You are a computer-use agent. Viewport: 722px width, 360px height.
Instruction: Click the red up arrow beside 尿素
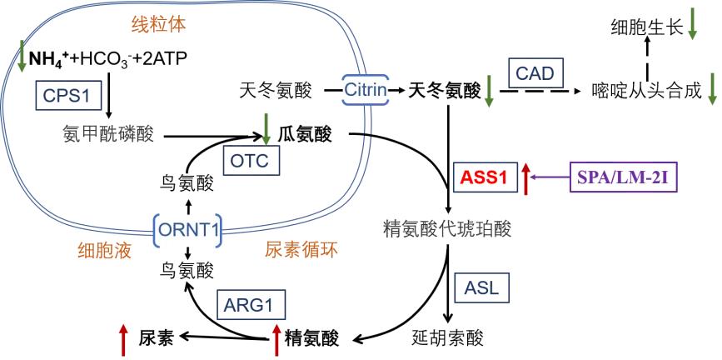click(x=122, y=339)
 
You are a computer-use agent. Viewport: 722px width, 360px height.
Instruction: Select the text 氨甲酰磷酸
click(x=107, y=133)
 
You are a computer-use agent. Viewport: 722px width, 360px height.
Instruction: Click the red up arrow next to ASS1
click(x=526, y=177)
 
